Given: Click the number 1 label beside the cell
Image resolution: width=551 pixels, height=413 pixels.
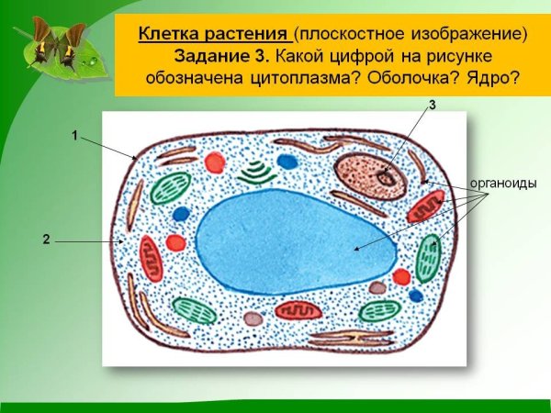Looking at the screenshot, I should (x=74, y=135).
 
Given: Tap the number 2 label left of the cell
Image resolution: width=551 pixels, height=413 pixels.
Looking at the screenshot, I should (x=45, y=240).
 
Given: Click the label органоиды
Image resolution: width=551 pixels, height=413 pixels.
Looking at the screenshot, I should (x=503, y=183).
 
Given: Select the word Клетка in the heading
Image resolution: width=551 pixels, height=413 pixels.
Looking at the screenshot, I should (x=169, y=35).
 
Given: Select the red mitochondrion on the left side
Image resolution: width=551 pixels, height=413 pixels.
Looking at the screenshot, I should (x=151, y=258).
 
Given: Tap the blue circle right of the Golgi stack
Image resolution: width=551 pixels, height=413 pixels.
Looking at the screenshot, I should (x=287, y=162).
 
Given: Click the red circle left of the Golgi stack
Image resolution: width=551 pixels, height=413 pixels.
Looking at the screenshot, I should (x=215, y=162).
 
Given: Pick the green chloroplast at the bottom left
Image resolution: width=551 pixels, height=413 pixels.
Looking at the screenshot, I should (x=195, y=311).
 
